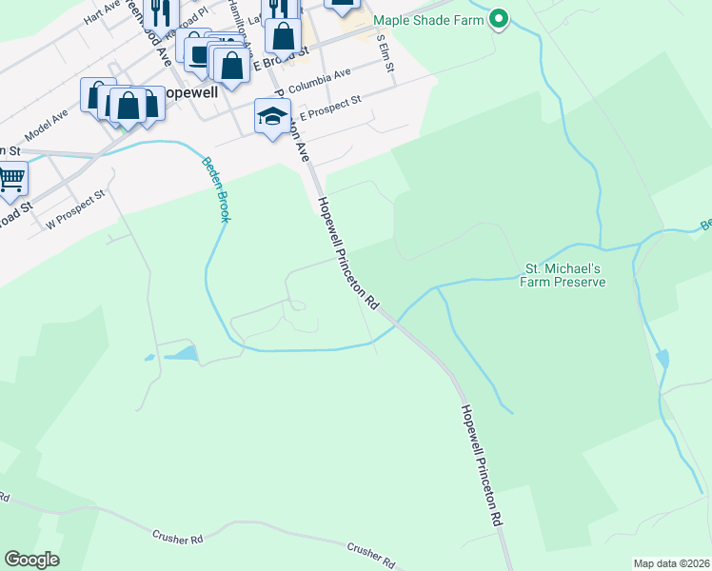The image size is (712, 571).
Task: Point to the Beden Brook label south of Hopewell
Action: [x=215, y=188]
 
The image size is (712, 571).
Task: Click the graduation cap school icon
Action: [x=272, y=117]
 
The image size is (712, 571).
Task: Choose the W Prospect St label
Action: [x=75, y=209]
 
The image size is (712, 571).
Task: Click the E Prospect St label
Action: [x=330, y=107]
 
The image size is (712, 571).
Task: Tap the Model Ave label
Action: [x=47, y=123]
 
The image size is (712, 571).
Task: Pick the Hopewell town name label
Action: [x=190, y=94]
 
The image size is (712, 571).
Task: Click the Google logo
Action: [x=31, y=560]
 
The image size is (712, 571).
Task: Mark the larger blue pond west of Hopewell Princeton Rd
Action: [x=182, y=354]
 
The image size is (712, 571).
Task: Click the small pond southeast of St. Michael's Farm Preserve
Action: [x=663, y=360]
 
